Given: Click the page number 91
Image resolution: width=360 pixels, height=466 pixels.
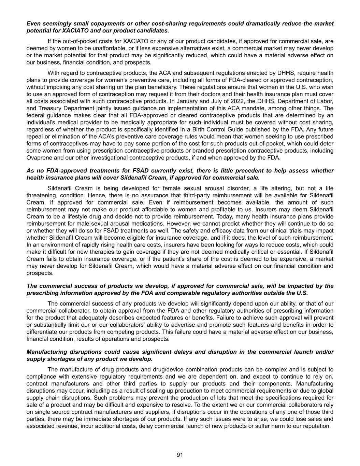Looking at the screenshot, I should tap(180, 455).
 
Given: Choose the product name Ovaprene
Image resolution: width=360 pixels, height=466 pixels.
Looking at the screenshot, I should tap(38, 158).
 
